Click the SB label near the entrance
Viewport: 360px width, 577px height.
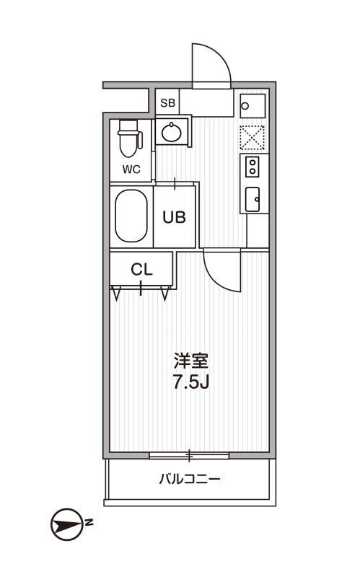168,103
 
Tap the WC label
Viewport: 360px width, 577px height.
131,169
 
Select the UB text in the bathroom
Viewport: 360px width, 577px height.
175,217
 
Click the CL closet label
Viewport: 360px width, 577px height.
141,270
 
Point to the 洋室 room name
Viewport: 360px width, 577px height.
191,361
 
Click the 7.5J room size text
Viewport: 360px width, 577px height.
191,383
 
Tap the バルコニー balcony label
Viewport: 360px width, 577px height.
190,479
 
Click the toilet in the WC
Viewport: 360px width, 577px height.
130,139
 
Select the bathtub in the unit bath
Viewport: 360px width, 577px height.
131,216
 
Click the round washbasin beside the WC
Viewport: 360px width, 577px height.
172,133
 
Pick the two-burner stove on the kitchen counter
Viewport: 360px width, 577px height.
253,167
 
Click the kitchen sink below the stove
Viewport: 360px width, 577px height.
253,199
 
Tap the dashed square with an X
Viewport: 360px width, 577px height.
253,138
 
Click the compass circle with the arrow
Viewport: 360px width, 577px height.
66,524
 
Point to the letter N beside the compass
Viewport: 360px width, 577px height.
89,522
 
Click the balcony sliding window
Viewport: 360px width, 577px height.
189,456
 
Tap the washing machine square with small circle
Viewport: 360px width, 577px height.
253,106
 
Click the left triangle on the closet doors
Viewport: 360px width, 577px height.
117,294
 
